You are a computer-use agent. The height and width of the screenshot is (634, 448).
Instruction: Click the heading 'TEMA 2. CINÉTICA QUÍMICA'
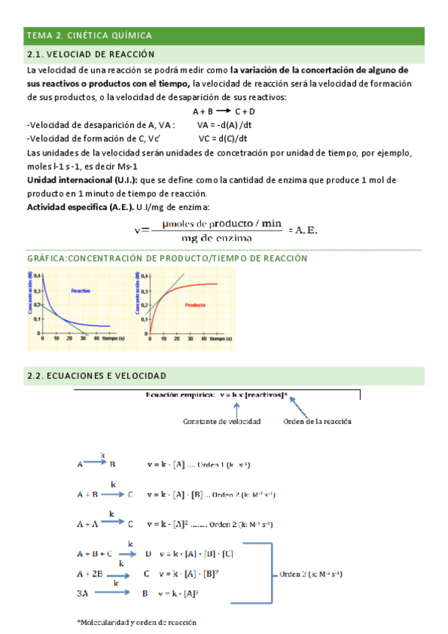tap(89, 35)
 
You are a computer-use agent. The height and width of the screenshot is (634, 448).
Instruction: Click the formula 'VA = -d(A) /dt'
tap(225, 125)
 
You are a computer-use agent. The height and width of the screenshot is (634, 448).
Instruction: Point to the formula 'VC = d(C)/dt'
tap(223, 138)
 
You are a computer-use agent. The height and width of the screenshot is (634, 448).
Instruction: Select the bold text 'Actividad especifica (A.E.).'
tap(80, 207)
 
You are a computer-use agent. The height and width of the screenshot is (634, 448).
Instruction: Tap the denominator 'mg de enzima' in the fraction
tap(216, 238)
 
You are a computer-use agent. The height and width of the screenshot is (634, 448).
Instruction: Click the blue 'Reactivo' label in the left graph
tap(81, 289)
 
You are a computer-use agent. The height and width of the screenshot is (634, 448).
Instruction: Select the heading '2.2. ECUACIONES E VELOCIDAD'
tap(96, 375)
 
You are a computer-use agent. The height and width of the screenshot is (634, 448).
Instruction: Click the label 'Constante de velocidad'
tap(221, 422)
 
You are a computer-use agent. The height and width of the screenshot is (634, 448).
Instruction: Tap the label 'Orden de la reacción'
tap(318, 422)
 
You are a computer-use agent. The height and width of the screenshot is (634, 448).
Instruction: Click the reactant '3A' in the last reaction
tap(82, 593)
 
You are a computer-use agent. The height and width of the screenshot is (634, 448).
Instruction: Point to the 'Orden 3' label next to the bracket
tap(292, 575)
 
